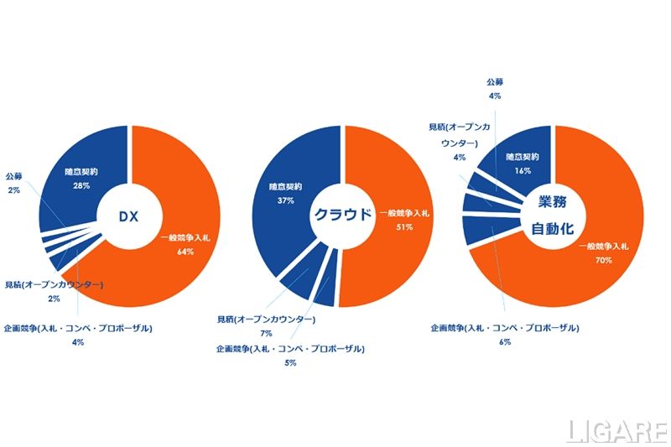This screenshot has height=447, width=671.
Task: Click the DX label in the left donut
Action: pos(127,216)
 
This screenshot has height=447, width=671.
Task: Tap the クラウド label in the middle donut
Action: pos(341,214)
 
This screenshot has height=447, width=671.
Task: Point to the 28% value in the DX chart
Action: pos(81,185)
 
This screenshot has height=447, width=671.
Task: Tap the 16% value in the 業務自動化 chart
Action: pos(522,169)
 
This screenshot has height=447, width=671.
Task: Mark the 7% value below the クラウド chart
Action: pos(266,334)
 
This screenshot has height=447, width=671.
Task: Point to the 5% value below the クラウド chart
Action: pos(290,361)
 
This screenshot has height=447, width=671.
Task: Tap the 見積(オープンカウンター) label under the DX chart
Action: pos(54,285)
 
